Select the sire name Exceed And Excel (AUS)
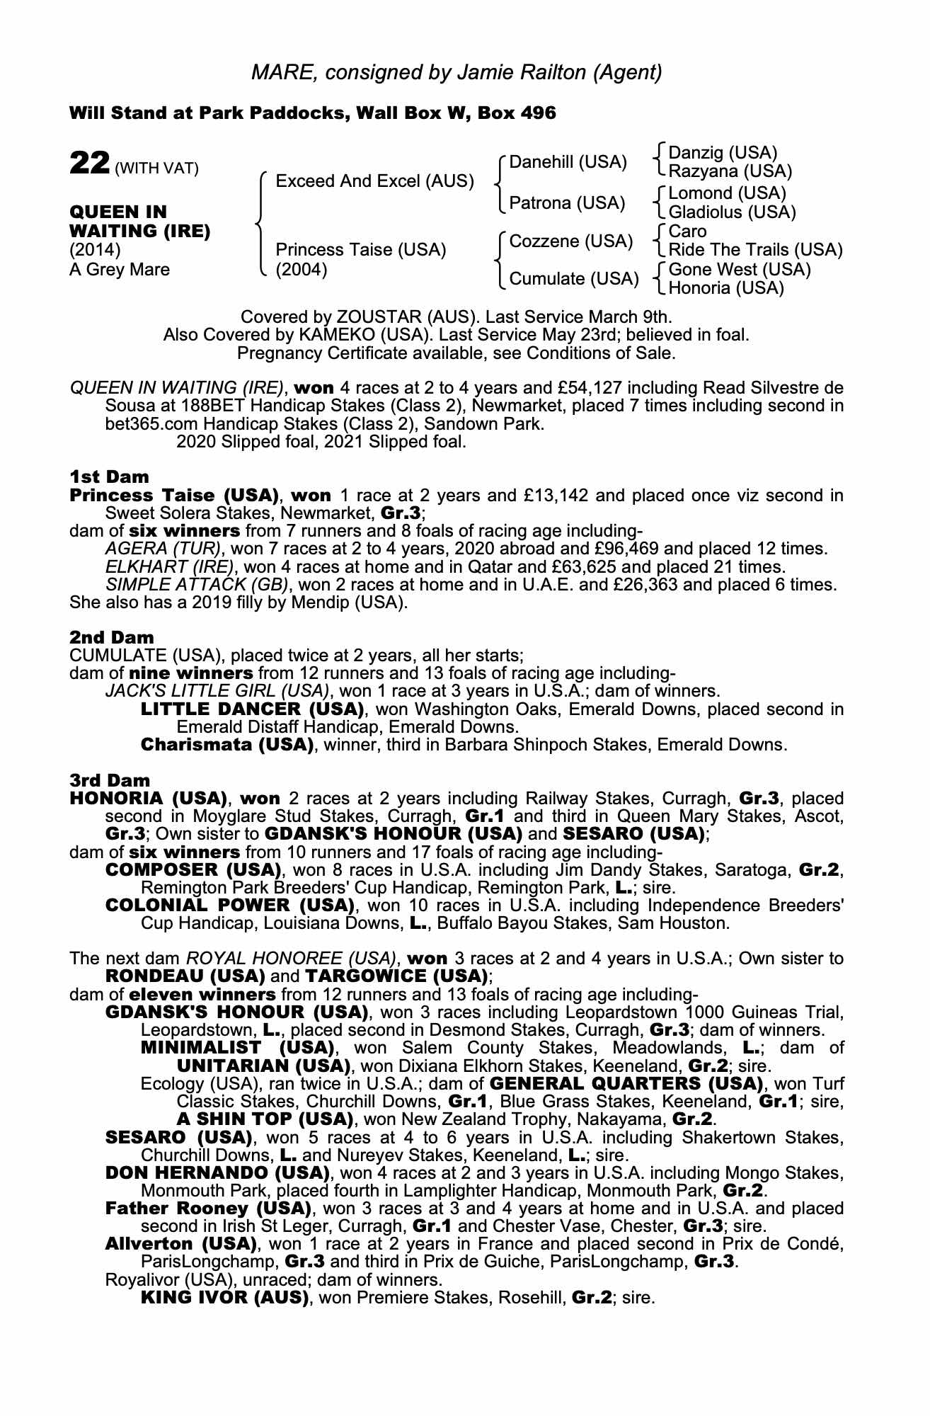tap(374, 181)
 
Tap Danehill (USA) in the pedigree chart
tap(568, 162)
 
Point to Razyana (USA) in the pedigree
tap(730, 171)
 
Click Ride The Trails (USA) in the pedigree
tap(755, 250)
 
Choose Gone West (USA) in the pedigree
tap(740, 269)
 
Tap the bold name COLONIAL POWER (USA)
tap(229, 905)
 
